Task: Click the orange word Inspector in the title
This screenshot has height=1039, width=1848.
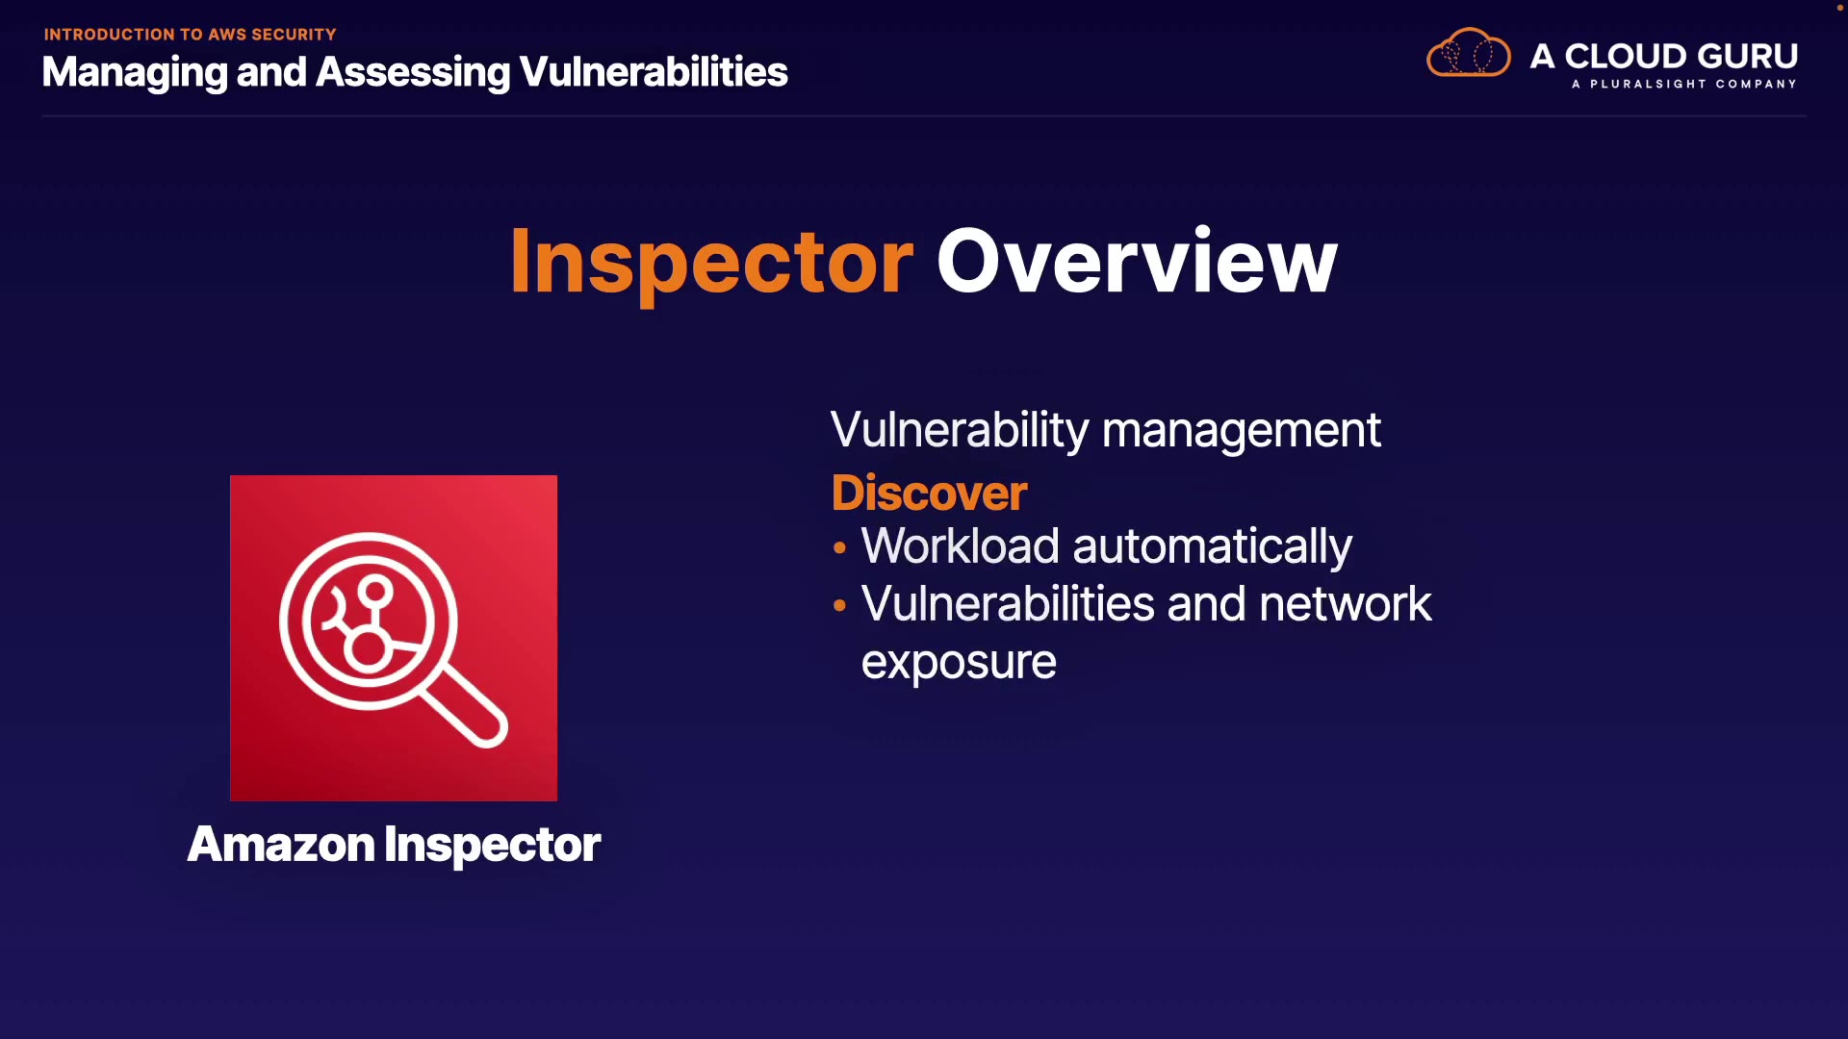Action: coord(711,262)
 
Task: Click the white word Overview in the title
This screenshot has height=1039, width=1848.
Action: coord(1137,262)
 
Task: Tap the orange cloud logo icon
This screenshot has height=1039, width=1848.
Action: coord(1468,53)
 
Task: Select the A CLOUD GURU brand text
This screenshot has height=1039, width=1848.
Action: coord(1664,56)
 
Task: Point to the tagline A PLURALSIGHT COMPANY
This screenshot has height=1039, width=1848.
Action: coord(1684,84)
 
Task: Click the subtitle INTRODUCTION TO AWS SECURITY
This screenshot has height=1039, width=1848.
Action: coord(190,35)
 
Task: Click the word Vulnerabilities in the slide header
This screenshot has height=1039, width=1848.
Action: coord(654,72)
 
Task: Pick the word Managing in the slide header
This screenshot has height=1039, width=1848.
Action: coord(135,73)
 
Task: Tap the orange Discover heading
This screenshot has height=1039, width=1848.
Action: coord(929,493)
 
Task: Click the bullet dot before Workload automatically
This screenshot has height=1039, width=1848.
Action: coord(839,547)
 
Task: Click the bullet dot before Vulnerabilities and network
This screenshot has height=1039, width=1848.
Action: coord(839,605)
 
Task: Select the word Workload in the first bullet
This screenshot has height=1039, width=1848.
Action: coord(961,546)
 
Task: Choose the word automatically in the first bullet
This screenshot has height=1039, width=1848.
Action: coord(1213,547)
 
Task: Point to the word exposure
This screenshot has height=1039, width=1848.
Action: coord(959,663)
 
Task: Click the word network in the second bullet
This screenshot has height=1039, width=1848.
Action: coord(1345,604)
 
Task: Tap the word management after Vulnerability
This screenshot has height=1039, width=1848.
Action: coord(1242,431)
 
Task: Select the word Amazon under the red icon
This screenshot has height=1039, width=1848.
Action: coord(281,845)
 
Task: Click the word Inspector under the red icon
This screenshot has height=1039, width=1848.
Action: coord(493,846)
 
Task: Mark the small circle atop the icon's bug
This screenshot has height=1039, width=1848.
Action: coord(376,591)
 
